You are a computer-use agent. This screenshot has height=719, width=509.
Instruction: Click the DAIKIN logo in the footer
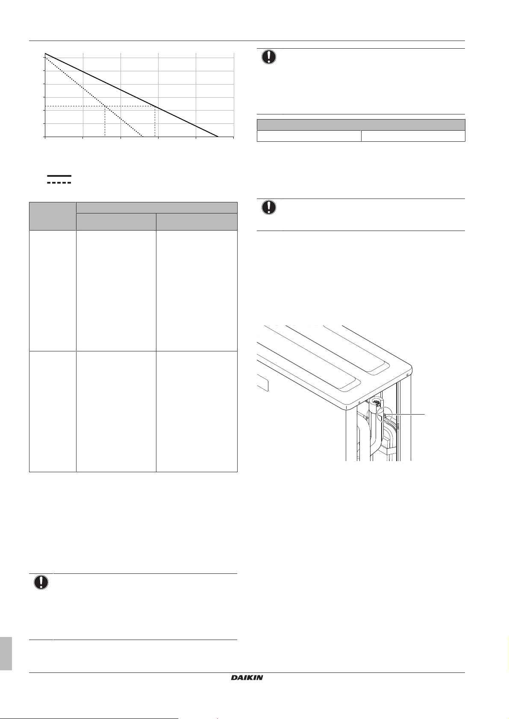tap(247, 678)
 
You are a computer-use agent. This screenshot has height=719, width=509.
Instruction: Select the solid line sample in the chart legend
tap(59, 175)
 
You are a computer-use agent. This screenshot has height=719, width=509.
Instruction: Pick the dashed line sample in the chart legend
tap(59, 182)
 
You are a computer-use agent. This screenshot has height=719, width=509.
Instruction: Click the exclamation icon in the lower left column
tap(41, 583)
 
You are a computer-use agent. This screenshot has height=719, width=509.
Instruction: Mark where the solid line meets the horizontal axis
tap(218, 137)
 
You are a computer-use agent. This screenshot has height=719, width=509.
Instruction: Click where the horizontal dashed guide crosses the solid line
tap(155, 106)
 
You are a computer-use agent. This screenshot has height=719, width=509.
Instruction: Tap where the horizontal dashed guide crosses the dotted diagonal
tap(105, 106)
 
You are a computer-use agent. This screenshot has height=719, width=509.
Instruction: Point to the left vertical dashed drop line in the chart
tap(105, 122)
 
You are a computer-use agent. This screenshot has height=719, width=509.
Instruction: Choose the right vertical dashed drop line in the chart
tap(155, 122)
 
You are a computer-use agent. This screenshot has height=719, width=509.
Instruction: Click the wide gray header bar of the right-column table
tap(361, 125)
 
